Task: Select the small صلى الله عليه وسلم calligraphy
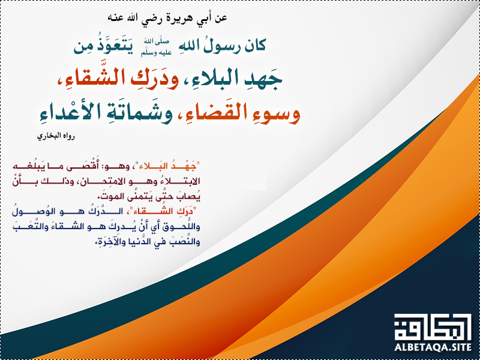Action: tap(156, 47)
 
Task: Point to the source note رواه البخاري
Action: tap(56, 136)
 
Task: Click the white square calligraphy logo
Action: tap(433, 327)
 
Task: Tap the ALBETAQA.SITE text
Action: tap(433, 347)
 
